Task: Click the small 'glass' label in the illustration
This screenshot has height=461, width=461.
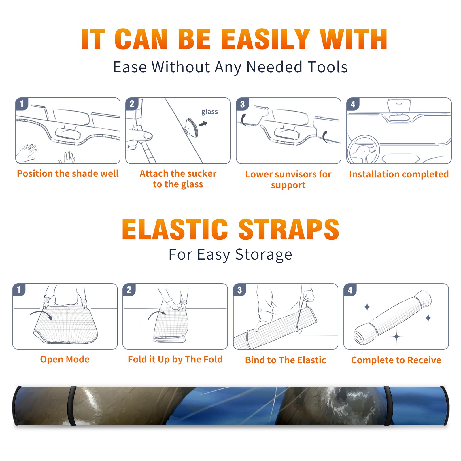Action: (209, 112)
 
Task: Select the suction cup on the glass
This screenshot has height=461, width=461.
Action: (192, 127)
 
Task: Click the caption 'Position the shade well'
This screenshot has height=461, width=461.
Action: (68, 173)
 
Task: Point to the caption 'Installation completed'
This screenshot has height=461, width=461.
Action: (399, 174)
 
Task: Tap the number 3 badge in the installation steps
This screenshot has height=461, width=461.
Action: (243, 104)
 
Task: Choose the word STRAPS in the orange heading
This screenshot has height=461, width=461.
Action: (289, 229)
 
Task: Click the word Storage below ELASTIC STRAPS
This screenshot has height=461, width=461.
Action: (264, 255)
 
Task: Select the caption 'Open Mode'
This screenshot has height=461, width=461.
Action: (65, 359)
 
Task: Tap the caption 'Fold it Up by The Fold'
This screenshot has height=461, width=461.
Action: (175, 359)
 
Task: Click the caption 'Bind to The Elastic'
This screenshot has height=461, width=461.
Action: (286, 360)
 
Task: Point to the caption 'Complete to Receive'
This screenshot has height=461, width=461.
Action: (396, 360)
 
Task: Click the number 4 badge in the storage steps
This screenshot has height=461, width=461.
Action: (350, 290)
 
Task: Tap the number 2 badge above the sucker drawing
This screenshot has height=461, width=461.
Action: (132, 104)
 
